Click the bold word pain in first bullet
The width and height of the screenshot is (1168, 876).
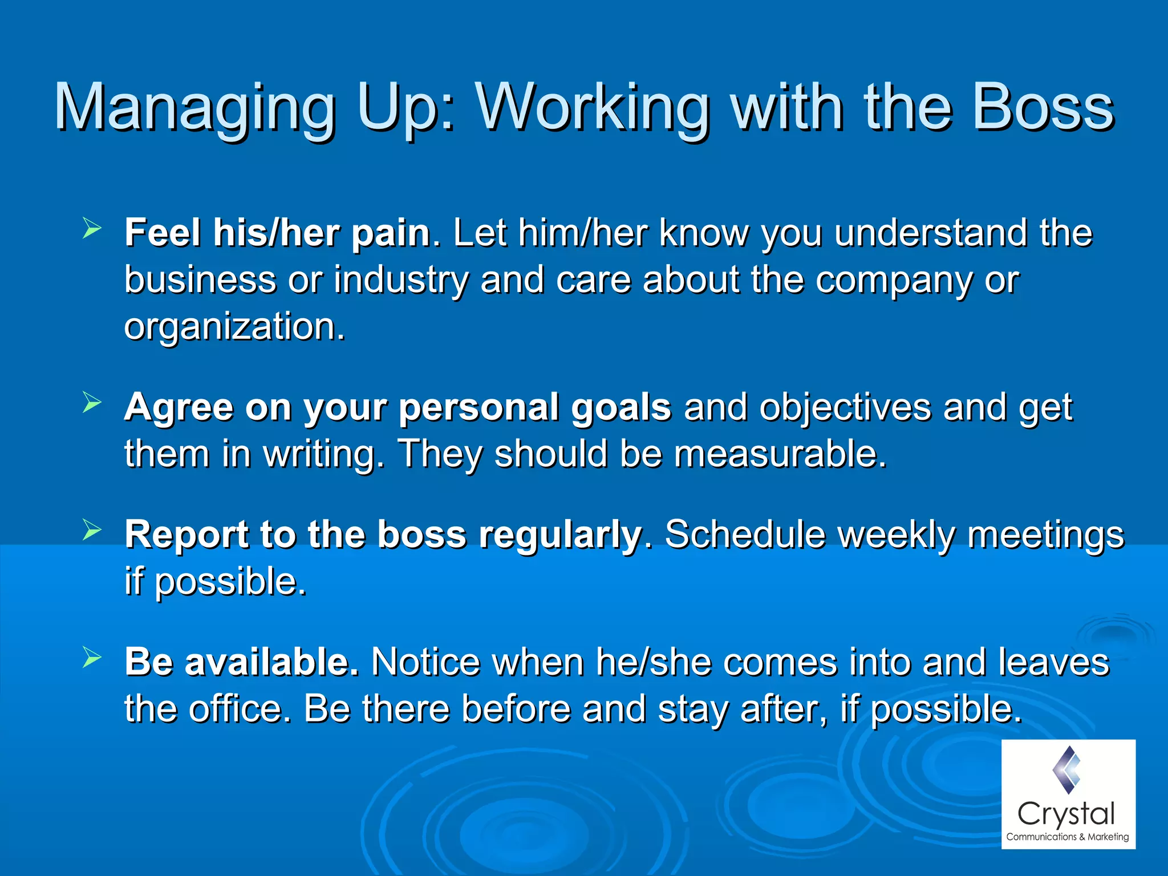(x=391, y=234)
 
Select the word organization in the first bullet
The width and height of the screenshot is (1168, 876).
(x=234, y=327)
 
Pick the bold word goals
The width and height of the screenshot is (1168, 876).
(x=621, y=408)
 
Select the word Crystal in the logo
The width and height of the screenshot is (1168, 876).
(x=1066, y=814)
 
